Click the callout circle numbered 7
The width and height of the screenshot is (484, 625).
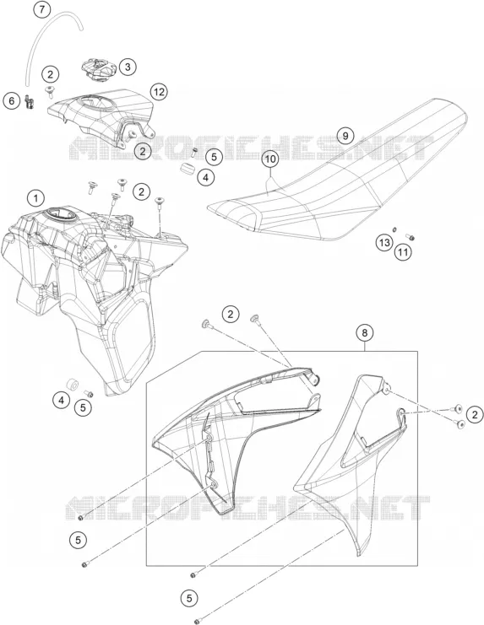[42, 9]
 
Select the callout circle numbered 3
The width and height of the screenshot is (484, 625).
[128, 67]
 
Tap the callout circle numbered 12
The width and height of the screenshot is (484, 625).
[159, 92]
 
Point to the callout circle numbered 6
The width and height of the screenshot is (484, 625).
[12, 101]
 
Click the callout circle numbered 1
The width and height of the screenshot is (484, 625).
[36, 197]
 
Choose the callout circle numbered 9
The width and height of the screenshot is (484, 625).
[345, 136]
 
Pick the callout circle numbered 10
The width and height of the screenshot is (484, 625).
[270, 159]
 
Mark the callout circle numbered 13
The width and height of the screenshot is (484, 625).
[384, 242]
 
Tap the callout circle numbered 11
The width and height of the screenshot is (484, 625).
[403, 252]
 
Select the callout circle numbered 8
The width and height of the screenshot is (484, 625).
[365, 332]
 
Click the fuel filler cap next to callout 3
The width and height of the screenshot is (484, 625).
[98, 69]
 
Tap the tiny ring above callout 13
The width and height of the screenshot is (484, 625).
[394, 229]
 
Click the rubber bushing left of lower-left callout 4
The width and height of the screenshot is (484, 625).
[73, 385]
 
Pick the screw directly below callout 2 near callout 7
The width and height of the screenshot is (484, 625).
[50, 92]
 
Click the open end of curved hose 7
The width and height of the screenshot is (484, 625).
[81, 28]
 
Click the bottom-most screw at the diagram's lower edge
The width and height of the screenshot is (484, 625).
[197, 621]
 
